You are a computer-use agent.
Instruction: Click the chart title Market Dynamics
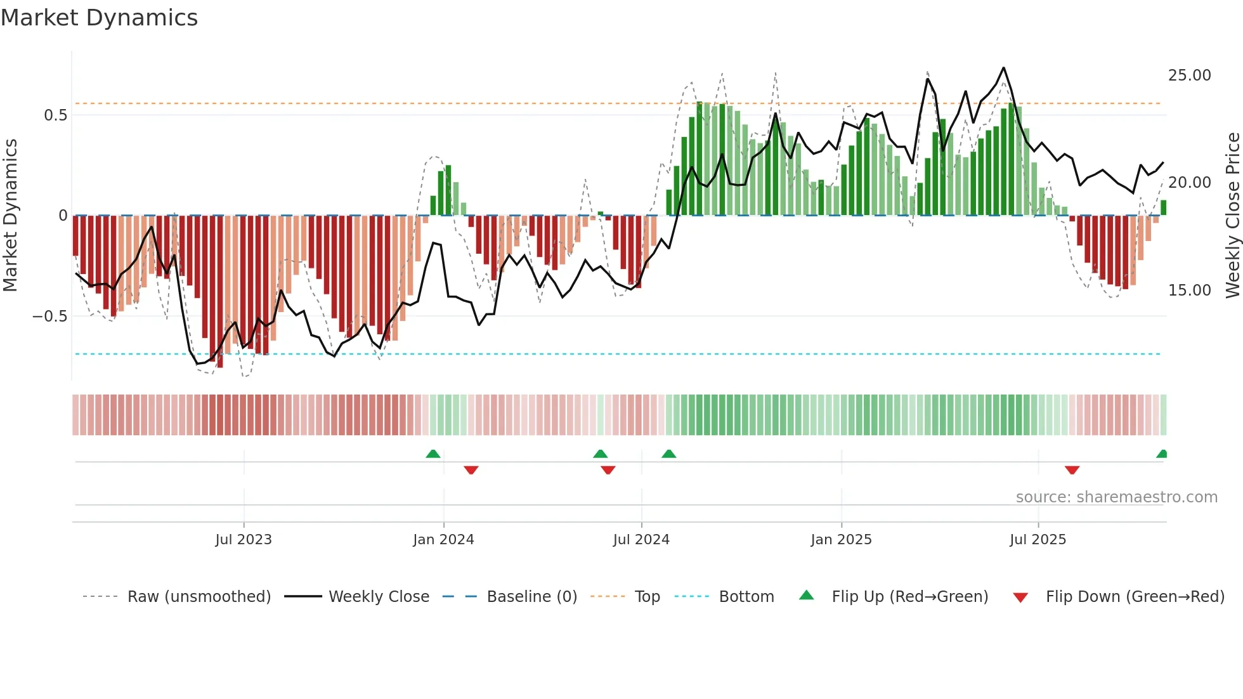pos(99,18)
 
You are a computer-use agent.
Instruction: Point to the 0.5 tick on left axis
pos(55,115)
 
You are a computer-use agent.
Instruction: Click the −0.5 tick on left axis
pos(49,317)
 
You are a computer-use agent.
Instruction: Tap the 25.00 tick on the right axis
pos(1189,75)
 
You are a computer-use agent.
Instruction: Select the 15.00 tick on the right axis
pos(1189,291)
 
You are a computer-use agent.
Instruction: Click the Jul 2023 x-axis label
pos(244,540)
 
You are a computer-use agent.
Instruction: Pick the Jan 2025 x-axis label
pos(841,540)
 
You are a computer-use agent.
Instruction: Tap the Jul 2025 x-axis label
pos(1038,540)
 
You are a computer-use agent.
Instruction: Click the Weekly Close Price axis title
pos(1232,216)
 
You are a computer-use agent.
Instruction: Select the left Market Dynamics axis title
pos(10,216)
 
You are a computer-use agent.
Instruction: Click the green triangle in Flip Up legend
pos(806,595)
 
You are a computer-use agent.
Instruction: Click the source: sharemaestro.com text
pos(1116,497)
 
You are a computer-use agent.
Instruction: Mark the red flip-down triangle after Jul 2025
pos(1072,470)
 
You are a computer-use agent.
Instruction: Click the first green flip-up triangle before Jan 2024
pos(433,454)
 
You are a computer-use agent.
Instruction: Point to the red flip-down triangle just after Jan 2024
pos(471,470)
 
